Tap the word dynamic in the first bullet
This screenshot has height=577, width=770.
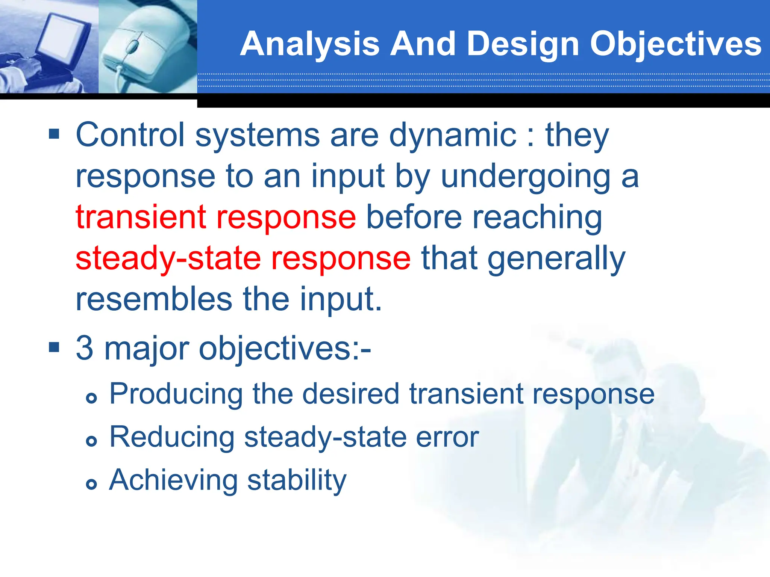pos(453,135)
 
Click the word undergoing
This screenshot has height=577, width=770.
pos(525,176)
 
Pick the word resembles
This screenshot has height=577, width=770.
pos(154,299)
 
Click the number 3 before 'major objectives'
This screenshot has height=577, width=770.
pos(85,348)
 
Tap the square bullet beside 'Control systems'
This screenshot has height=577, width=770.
pos(54,134)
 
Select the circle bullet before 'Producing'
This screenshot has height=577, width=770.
pos(91,398)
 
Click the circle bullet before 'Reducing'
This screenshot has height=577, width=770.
pos(91,441)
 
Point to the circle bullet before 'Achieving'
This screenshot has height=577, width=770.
pos(91,484)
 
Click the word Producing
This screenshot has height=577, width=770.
pos(176,394)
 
